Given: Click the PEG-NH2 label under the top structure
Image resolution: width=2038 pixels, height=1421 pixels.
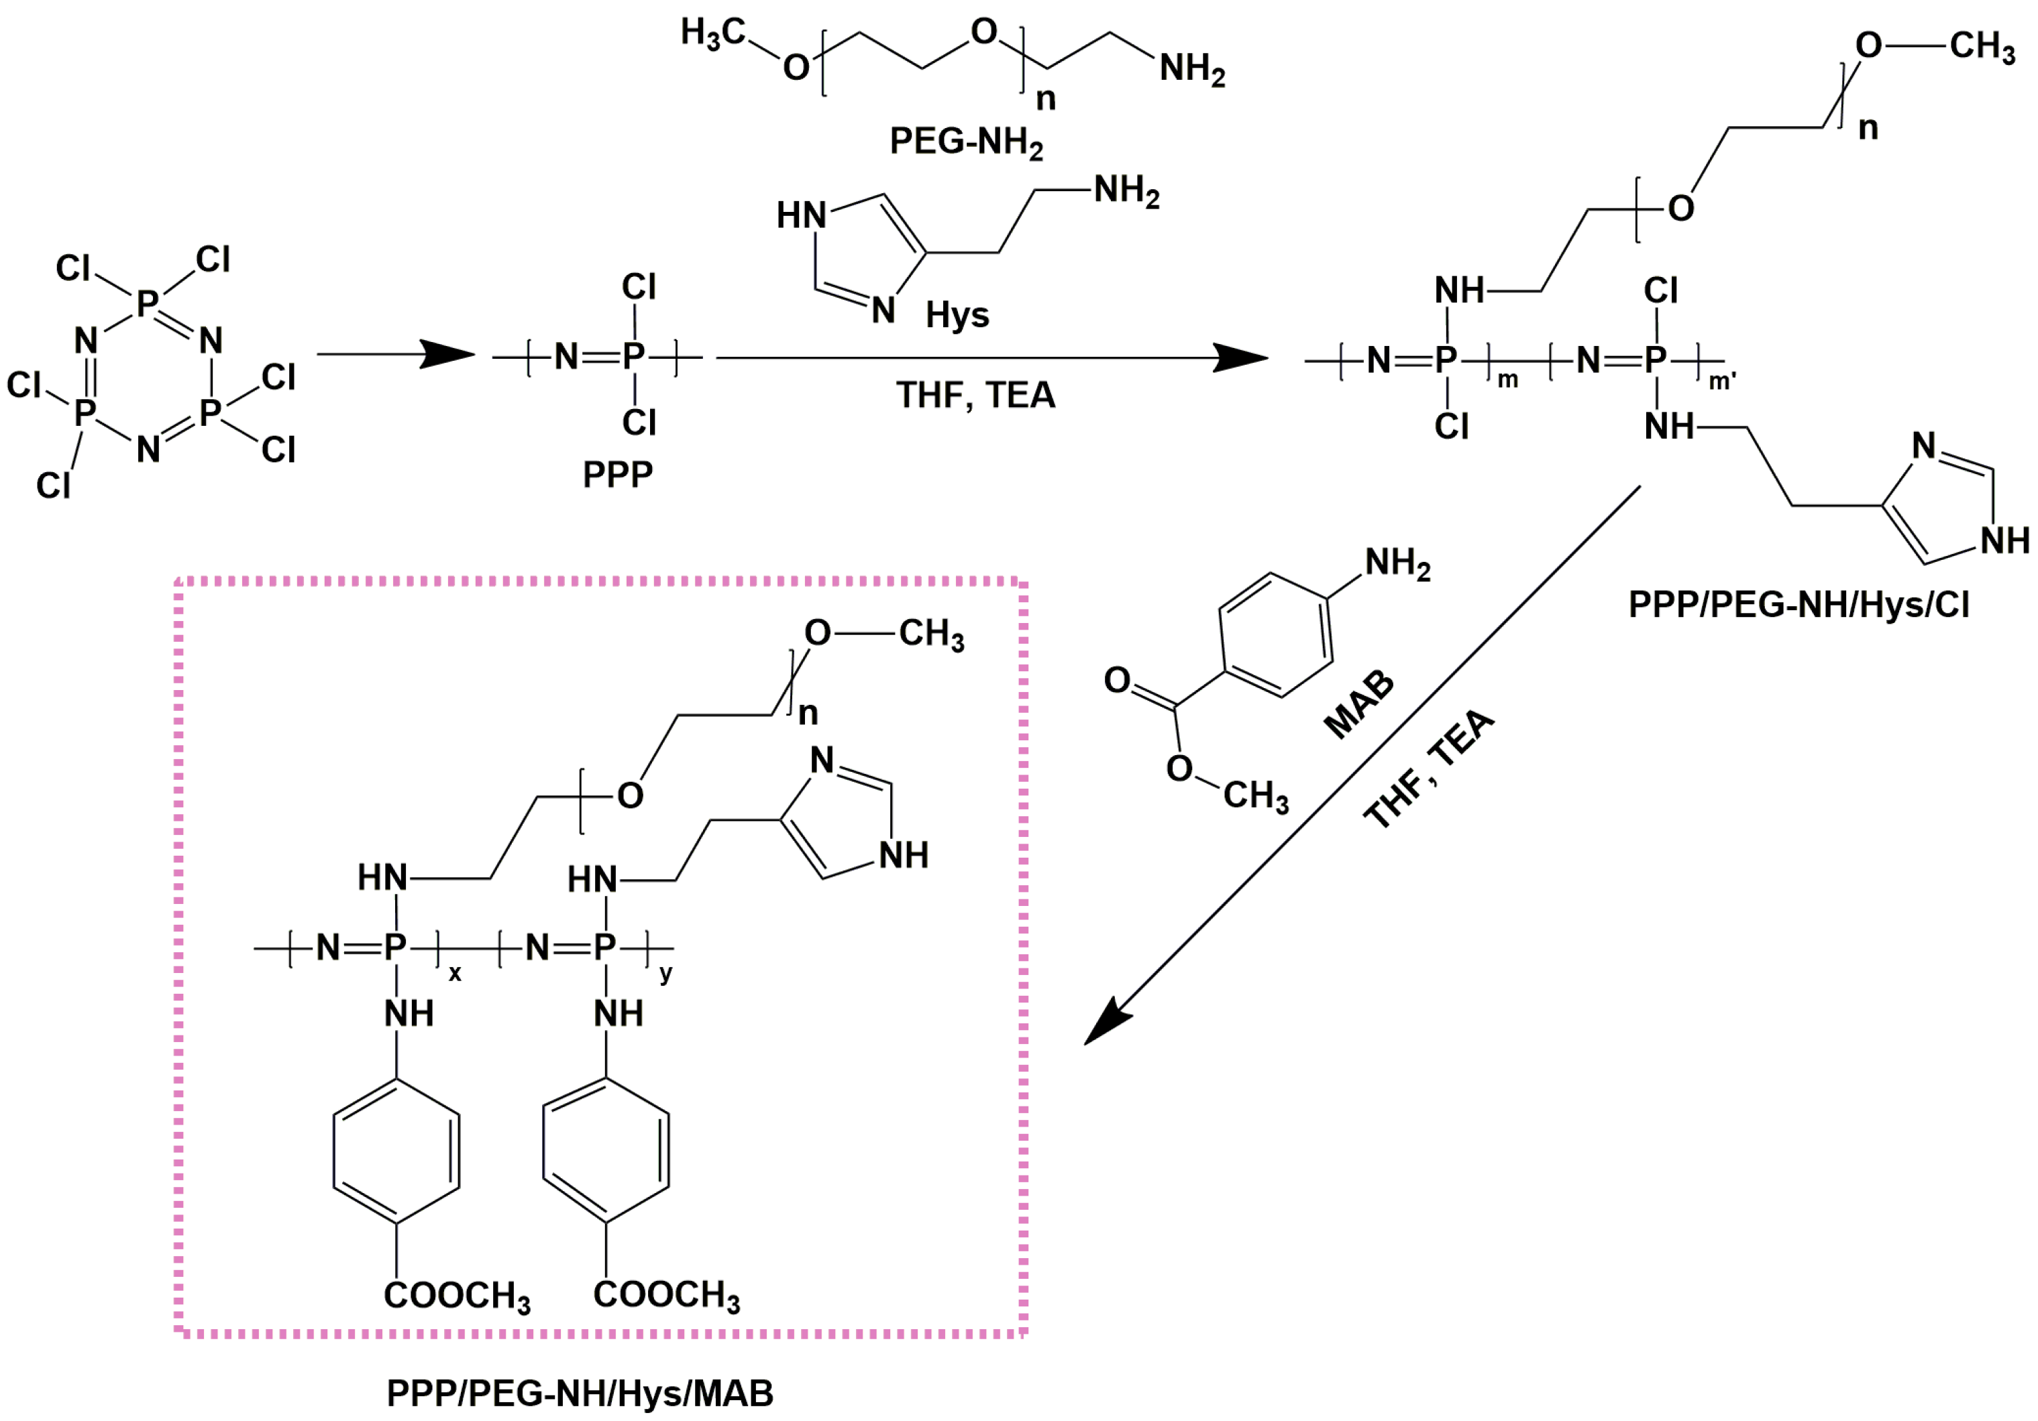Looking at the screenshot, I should [966, 142].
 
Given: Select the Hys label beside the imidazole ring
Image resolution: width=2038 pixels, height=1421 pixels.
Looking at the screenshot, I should [957, 315].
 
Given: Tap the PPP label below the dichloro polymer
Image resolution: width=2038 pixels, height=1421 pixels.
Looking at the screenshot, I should [617, 474].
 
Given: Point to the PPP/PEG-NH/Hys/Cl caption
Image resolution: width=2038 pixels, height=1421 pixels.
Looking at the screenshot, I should [1799, 604].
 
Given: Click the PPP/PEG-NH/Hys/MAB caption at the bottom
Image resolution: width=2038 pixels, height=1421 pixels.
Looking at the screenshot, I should [580, 1393].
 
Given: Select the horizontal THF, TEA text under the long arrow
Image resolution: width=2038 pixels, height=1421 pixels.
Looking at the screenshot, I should [975, 395].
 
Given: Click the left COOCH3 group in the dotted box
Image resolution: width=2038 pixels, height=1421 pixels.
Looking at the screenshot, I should [456, 1295].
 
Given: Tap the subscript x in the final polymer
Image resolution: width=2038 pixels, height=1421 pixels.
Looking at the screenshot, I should [454, 974].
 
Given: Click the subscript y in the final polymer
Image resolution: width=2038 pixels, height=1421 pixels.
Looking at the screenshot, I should [665, 974].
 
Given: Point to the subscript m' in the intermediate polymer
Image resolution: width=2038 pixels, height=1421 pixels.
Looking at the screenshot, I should [1722, 382].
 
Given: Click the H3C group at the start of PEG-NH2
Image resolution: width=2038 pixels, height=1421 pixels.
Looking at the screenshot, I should [712, 34].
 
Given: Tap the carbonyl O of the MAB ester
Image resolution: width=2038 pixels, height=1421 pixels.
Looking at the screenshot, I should [1117, 680].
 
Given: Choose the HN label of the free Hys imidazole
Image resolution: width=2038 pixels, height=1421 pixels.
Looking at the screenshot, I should [801, 215].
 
